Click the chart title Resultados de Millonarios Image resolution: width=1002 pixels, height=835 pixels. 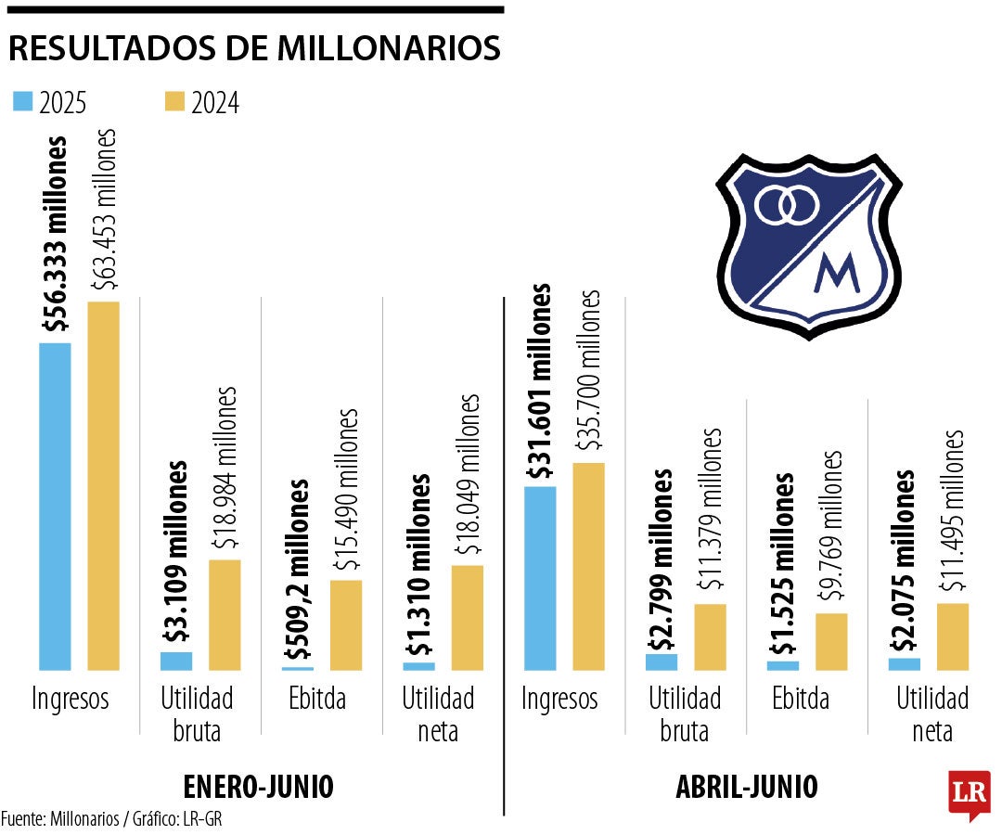click(x=254, y=49)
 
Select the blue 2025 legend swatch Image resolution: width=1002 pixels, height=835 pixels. click(x=22, y=102)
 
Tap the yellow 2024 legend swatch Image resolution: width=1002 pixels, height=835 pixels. click(x=174, y=102)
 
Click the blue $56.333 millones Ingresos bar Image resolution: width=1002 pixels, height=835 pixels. click(x=55, y=506)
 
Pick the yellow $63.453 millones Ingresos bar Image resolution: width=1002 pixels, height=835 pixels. click(x=103, y=485)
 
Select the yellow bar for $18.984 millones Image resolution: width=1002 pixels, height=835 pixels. click(x=225, y=614)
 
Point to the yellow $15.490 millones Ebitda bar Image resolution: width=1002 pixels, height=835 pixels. click(x=346, y=624)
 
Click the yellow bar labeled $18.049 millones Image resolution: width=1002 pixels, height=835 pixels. click(x=467, y=617)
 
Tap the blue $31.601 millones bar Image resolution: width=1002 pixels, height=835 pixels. click(x=540, y=577)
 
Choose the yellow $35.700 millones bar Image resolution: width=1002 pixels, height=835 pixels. click(x=588, y=566)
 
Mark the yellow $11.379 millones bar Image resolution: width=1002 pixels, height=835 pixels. click(x=710, y=636)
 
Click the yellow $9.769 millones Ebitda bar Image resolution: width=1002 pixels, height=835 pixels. click(x=831, y=641)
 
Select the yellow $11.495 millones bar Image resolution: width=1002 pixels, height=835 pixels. click(x=953, y=636)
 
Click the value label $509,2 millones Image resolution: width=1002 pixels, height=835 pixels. click(x=298, y=571)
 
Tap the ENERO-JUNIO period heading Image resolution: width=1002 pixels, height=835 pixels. click(x=258, y=787)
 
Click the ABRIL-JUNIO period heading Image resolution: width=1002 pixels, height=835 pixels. click(x=747, y=787)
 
